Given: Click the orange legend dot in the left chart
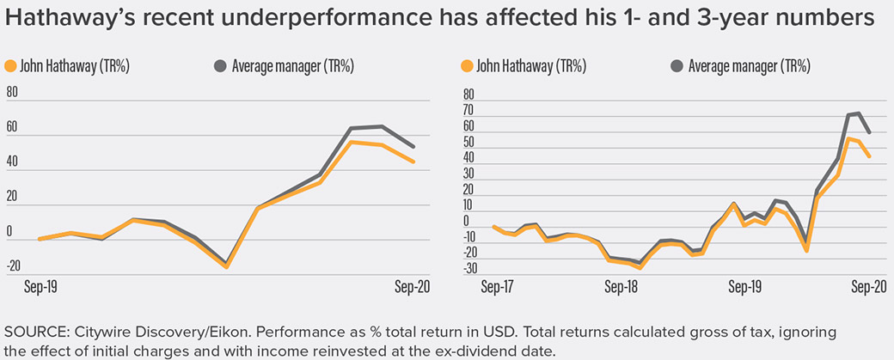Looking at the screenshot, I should click(x=11, y=66).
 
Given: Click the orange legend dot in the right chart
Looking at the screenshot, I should click(x=468, y=66).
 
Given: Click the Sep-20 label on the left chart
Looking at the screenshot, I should click(x=409, y=287).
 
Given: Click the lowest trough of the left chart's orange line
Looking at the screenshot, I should click(x=226, y=267).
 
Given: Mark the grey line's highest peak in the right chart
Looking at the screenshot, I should click(x=857, y=113).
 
